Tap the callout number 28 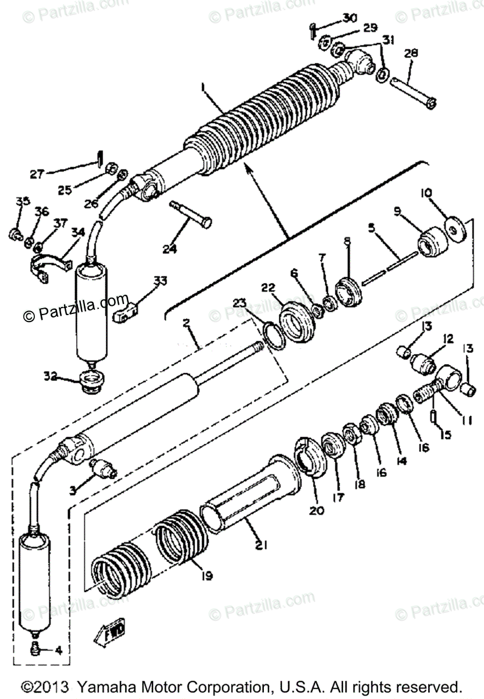pyautogui.click(x=411, y=54)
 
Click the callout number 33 pyautogui.click(x=160, y=282)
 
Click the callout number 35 pyautogui.click(x=22, y=202)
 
